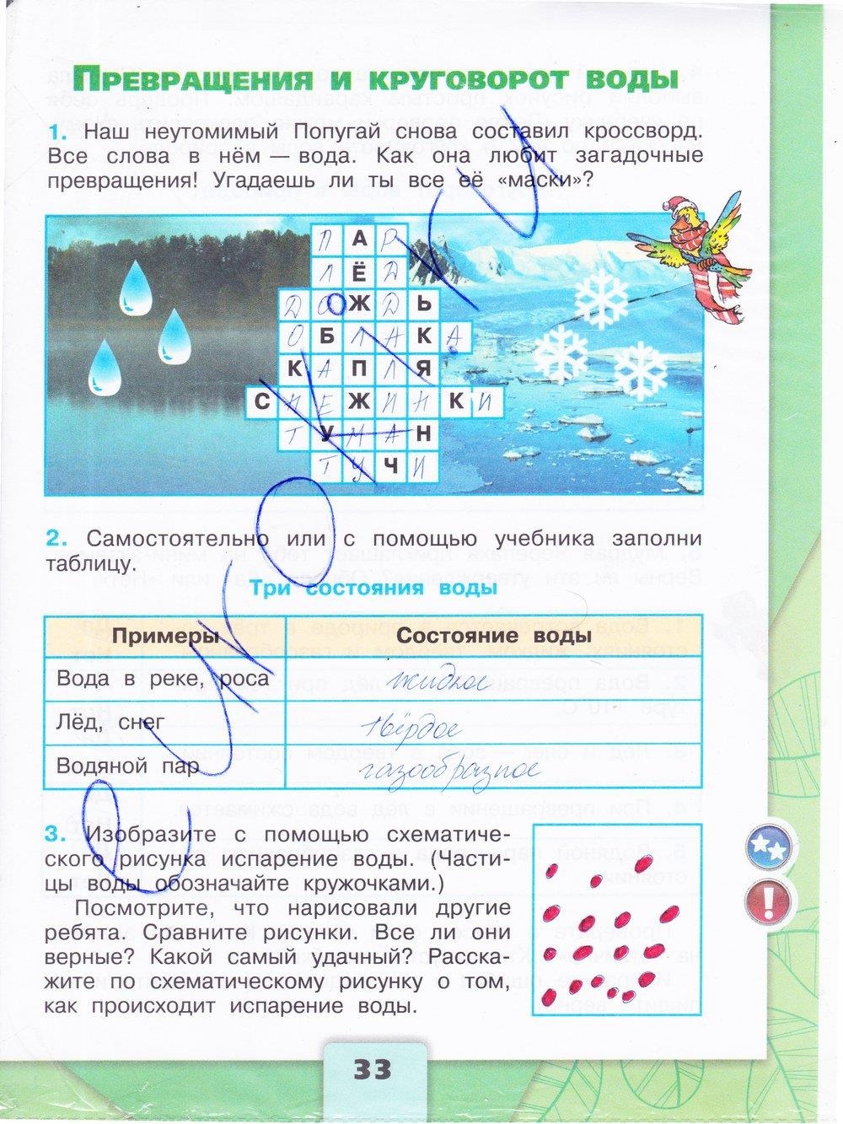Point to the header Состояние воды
pos(491,636)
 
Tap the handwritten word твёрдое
pos(407,727)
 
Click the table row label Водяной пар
pos(127,766)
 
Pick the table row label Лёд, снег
pos(110,722)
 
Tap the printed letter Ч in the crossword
pos(390,465)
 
